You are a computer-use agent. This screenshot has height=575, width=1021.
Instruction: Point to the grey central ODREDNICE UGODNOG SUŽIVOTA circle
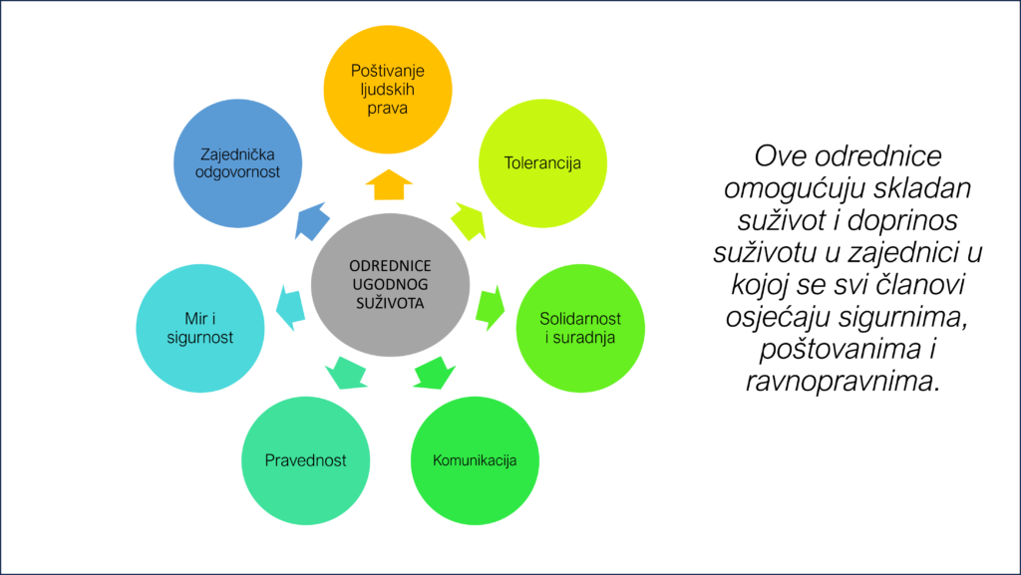tap(389, 284)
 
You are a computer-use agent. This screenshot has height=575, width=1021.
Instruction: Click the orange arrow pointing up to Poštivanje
tap(389, 185)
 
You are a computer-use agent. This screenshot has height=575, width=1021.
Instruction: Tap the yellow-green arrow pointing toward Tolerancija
tap(468, 220)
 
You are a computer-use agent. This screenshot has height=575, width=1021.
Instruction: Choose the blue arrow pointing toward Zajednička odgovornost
tap(311, 220)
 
